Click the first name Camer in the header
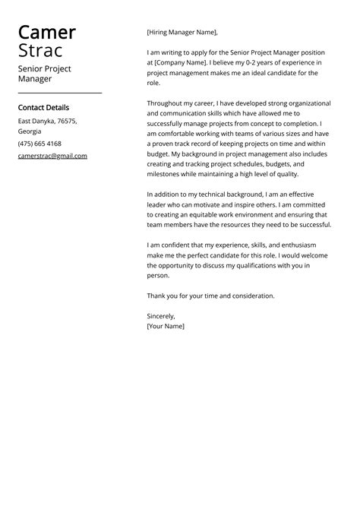(x=46, y=33)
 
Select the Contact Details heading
(x=43, y=108)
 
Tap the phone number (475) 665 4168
(x=39, y=144)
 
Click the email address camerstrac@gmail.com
(x=52, y=156)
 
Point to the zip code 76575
(x=67, y=121)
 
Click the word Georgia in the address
(x=30, y=131)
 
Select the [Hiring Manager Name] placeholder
(x=182, y=33)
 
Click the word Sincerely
(x=161, y=315)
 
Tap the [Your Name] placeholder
(x=166, y=326)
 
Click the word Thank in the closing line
(x=157, y=296)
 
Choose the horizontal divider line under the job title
(x=59, y=93)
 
